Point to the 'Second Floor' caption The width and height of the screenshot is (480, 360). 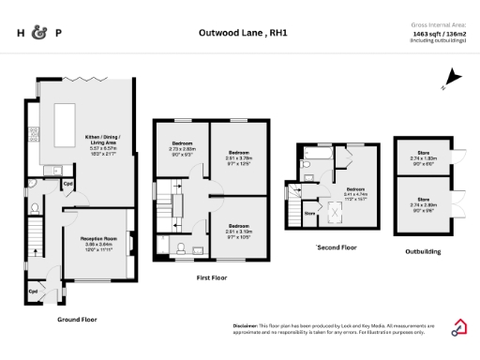click(x=337, y=248)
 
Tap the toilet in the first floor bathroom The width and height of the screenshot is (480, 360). click(x=180, y=248)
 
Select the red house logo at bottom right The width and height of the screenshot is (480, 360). click(x=461, y=327)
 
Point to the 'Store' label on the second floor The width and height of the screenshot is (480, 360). click(x=309, y=213)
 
